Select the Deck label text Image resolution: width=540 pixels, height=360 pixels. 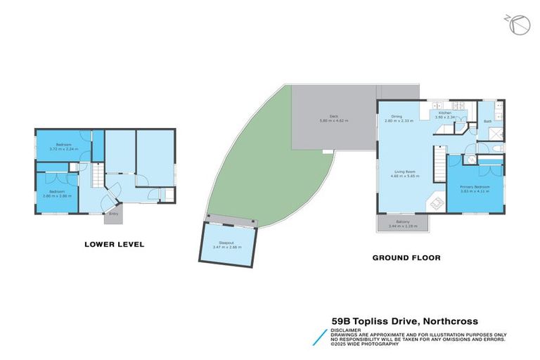[334, 119]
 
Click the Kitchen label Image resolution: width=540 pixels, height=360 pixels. [444, 115]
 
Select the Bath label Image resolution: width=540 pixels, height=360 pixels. [487, 121]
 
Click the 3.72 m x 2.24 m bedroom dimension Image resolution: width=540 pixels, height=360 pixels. [63, 148]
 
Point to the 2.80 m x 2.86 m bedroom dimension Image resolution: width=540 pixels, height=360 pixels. [56, 193]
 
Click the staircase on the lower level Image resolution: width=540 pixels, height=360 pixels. [97, 173]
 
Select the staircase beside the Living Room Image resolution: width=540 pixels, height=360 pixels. [439, 162]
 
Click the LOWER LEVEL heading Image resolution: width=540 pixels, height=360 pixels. [114, 245]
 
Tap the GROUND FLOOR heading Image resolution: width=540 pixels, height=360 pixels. [406, 258]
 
